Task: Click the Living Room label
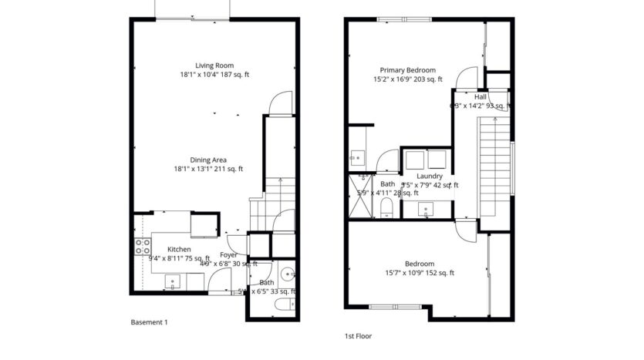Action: coord(214,66)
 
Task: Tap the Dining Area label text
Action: coord(208,160)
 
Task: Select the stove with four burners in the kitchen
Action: coord(143,247)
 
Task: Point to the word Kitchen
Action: coord(179,250)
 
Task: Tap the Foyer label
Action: coord(228,255)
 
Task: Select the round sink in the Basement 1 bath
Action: coord(286,274)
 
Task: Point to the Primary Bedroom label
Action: coord(407,69)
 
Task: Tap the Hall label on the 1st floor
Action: coord(480,97)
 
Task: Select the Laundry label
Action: coord(430,177)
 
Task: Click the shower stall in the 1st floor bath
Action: coord(359,200)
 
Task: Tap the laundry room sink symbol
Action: coord(427,209)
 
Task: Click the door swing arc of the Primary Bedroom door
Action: coord(465,77)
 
